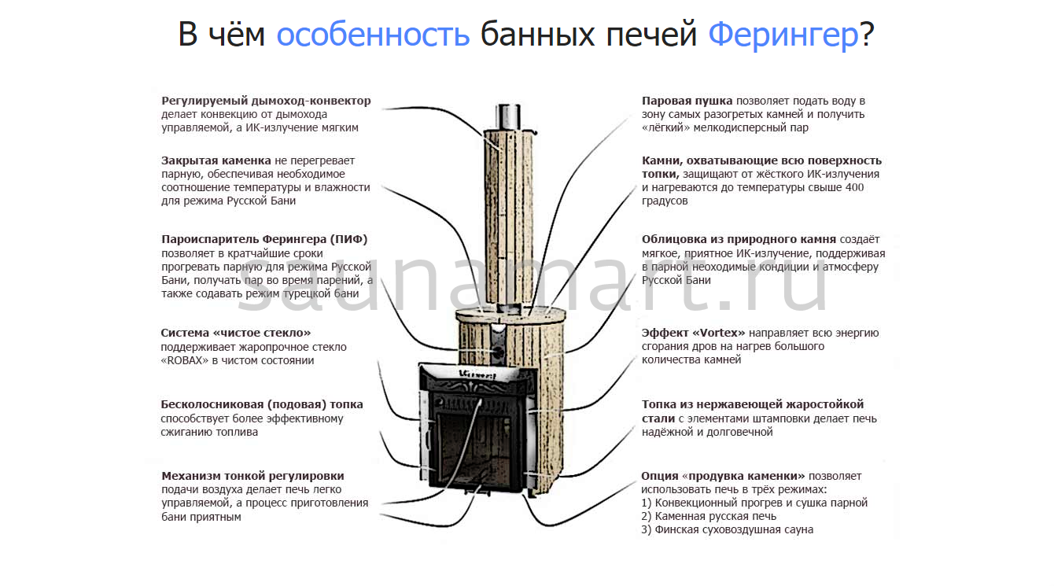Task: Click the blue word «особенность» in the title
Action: (x=372, y=35)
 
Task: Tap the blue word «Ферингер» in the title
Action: (x=783, y=35)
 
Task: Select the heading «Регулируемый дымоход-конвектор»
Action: (x=266, y=101)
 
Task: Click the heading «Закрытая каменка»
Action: (x=216, y=160)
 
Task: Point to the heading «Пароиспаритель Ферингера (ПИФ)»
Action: (x=264, y=239)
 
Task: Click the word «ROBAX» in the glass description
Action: (x=186, y=360)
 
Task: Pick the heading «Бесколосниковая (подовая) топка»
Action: (x=262, y=404)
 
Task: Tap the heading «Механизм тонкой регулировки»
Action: (x=252, y=476)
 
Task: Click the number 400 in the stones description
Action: (x=872, y=188)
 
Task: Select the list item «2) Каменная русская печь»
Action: (x=709, y=516)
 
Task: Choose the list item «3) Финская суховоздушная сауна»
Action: (x=727, y=529)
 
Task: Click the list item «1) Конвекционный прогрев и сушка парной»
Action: (x=754, y=503)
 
